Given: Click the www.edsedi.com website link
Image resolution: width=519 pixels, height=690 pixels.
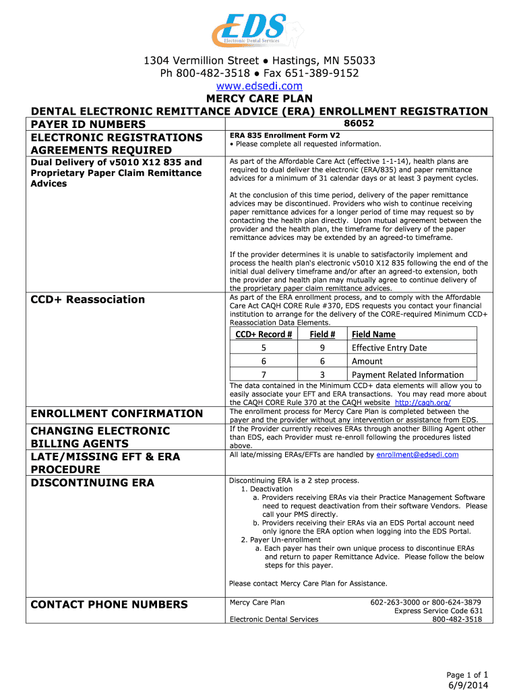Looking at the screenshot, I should pos(259,86).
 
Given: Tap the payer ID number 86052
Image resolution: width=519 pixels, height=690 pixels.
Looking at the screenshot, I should pos(359,123).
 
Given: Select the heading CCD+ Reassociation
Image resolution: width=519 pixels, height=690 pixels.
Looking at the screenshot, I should pos(88,299).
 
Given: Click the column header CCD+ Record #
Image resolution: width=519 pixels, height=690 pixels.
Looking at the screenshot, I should pos(264,334).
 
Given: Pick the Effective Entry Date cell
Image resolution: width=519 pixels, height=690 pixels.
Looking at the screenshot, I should pos(389,348).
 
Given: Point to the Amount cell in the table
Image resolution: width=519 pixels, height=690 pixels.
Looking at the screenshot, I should pos(367,361).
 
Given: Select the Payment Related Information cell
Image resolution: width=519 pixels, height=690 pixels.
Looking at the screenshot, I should pos(407,375).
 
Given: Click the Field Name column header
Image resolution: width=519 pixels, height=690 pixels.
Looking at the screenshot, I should pos(373,334).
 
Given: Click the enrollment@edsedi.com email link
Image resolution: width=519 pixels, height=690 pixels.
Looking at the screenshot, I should pos(417,455).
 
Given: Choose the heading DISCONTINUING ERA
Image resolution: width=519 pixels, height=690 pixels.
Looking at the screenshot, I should pos(92,482).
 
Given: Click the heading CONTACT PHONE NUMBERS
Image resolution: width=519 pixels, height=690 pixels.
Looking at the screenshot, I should pos(109,604).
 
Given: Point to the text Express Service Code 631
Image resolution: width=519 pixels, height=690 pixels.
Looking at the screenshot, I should pos(438,611).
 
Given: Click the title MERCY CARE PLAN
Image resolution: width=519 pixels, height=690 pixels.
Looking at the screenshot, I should pos(259,98).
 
